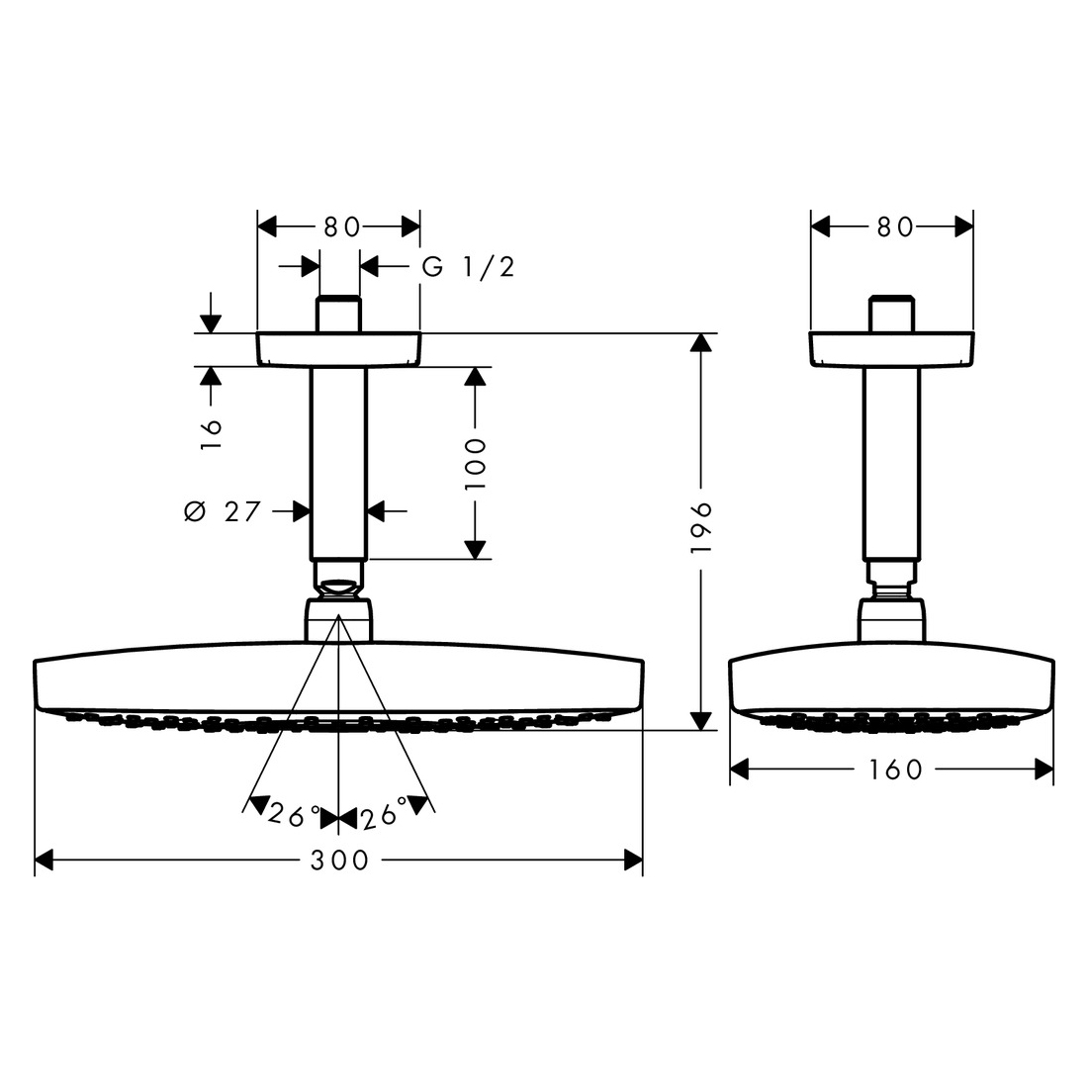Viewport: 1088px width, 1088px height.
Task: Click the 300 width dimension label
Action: click(339, 861)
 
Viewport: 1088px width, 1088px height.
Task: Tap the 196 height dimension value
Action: click(701, 527)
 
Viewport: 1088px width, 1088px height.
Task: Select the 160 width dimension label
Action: click(895, 770)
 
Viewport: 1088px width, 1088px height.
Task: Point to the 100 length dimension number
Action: click(476, 464)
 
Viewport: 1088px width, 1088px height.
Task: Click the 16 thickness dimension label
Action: click(211, 434)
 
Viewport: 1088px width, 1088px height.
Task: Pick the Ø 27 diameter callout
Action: click(222, 512)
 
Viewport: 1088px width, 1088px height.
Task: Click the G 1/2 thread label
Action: click(469, 266)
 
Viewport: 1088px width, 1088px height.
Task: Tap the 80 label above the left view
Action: click(342, 227)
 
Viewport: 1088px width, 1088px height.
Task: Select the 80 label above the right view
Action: click(895, 227)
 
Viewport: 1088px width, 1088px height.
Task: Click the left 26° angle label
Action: click(295, 816)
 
